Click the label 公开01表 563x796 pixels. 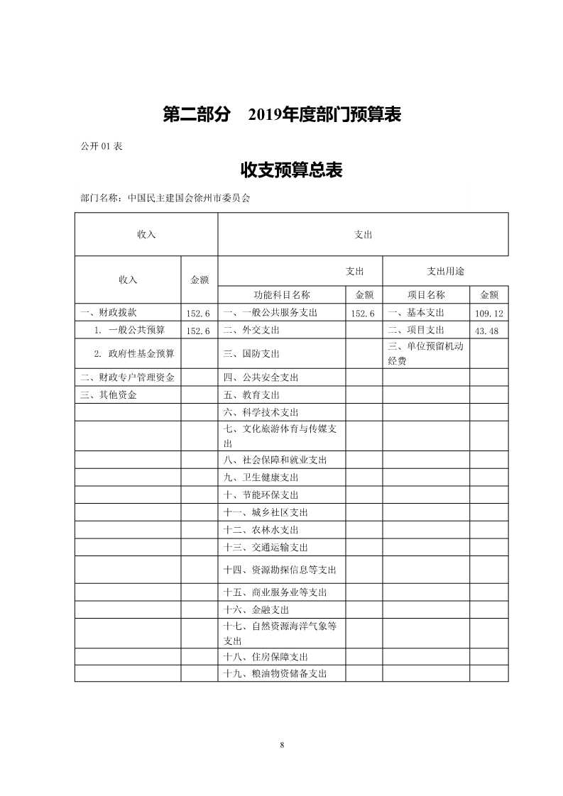pyautogui.click(x=103, y=146)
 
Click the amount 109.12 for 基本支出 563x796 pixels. pyautogui.click(x=488, y=313)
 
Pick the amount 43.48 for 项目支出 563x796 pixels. pyautogui.click(x=488, y=331)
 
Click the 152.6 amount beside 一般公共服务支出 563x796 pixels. pyautogui.click(x=364, y=313)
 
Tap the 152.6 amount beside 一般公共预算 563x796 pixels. pyautogui.click(x=198, y=331)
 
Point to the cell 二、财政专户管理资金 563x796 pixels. pyautogui.click(x=127, y=377)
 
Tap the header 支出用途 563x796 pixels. pyautogui.click(x=445, y=271)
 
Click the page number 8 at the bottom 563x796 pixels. pyautogui.click(x=282, y=744)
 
